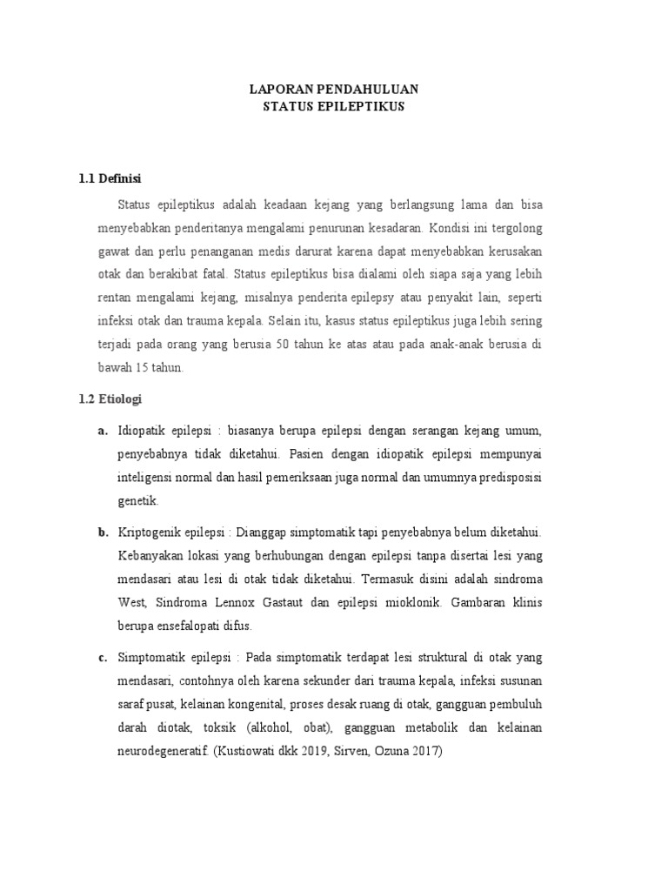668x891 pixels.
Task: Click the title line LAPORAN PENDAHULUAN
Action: [334, 89]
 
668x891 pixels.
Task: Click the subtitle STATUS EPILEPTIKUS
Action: [334, 107]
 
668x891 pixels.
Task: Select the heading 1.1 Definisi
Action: [110, 178]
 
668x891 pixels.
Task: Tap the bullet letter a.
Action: [102, 431]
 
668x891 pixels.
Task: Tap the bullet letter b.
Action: [102, 532]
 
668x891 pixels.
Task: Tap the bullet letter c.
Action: [102, 657]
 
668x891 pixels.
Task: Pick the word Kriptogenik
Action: [150, 532]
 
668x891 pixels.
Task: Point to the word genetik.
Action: [137, 502]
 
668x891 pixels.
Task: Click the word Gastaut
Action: [284, 602]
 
